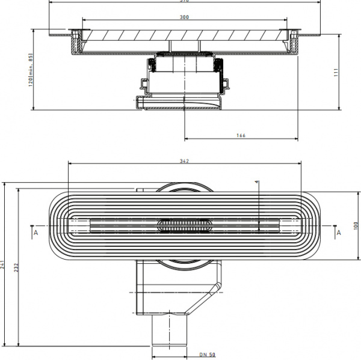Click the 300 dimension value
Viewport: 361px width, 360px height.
[184, 17]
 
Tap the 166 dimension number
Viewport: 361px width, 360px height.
[240, 135]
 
